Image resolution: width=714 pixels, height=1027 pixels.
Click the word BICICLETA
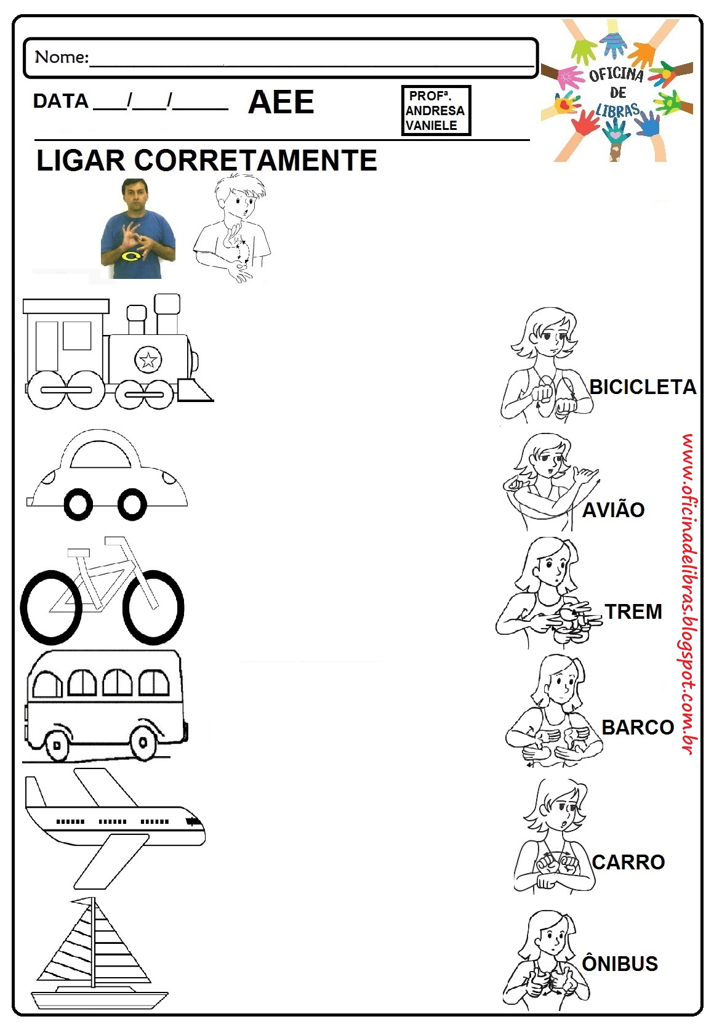click(x=643, y=387)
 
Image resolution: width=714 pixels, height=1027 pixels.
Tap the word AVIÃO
click(x=613, y=510)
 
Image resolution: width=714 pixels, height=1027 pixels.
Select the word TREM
click(x=633, y=611)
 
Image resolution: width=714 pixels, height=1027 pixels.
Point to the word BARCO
click(x=638, y=727)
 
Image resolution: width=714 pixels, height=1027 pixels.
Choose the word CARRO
click(x=628, y=862)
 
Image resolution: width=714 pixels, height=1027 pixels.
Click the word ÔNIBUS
click(x=620, y=964)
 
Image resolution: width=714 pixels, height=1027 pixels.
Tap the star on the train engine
click(x=148, y=360)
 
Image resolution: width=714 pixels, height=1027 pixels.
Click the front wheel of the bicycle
click(x=153, y=606)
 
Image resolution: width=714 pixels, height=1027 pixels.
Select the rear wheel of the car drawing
click(x=78, y=505)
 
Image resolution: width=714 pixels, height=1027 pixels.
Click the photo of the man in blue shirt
click(x=138, y=229)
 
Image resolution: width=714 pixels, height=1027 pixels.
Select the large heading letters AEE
click(x=281, y=102)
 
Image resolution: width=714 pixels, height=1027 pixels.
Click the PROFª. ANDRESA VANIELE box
click(x=435, y=110)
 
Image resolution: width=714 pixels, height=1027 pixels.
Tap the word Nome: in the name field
click(x=62, y=57)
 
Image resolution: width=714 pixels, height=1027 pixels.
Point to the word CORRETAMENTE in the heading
click(x=255, y=161)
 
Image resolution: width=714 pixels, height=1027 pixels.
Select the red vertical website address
click(x=688, y=594)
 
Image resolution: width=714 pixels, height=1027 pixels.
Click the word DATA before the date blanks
click(x=60, y=101)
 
